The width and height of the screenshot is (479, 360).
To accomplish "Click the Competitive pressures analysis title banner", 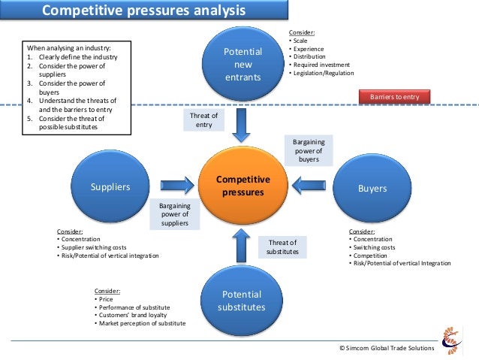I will tap(143, 11).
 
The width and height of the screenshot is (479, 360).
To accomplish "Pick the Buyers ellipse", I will tap(372, 188).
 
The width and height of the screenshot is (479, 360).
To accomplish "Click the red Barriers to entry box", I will tap(400, 96).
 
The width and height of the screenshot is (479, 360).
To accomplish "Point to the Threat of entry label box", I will tap(204, 120).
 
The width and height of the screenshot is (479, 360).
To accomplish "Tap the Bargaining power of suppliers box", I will tap(175, 213).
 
